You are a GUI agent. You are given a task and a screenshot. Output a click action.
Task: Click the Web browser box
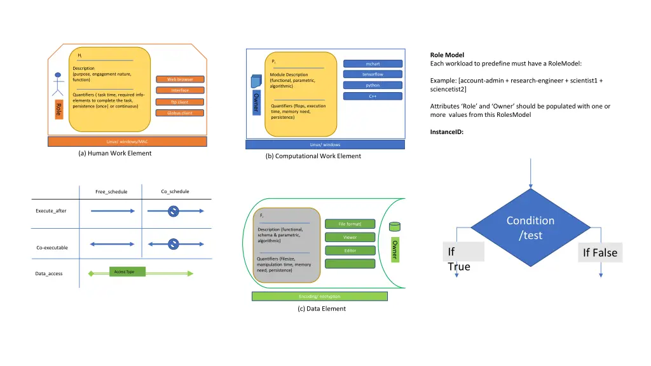(x=180, y=79)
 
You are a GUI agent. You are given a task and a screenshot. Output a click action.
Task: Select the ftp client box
(x=180, y=102)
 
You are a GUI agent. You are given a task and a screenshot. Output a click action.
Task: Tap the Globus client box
(x=180, y=113)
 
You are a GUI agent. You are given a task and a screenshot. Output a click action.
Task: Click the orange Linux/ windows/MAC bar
(x=127, y=141)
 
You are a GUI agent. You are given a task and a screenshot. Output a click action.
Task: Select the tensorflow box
(x=373, y=74)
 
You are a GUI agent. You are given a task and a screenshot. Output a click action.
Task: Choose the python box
(x=373, y=85)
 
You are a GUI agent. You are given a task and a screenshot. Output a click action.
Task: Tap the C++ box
(x=373, y=96)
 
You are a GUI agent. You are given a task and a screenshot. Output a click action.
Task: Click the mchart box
(x=373, y=64)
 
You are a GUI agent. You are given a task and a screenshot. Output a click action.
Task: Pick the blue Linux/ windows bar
(x=325, y=144)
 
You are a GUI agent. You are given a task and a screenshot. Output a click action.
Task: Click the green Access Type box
(x=127, y=272)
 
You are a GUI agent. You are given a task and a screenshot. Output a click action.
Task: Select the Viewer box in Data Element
(x=350, y=237)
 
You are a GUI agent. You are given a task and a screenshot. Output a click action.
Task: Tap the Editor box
(x=350, y=250)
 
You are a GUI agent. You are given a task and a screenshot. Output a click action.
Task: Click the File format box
(x=350, y=224)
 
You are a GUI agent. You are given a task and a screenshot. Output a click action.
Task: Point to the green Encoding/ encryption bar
(x=320, y=296)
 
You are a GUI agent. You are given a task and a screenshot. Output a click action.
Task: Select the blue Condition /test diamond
(x=530, y=227)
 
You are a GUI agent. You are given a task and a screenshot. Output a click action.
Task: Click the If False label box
(x=600, y=252)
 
